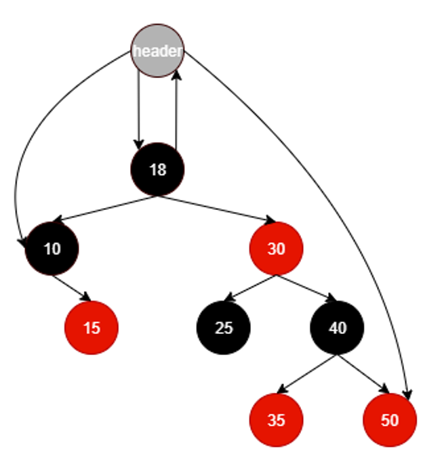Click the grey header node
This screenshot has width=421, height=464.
pos(157,51)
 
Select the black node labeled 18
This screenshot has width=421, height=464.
pos(157,169)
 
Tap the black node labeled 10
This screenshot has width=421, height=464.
pos(52,248)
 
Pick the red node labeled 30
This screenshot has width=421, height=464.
pos(276,248)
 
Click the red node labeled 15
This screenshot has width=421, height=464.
pos(92,328)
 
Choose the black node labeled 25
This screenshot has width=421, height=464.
pos(224,328)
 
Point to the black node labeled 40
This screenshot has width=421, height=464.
pos(338,328)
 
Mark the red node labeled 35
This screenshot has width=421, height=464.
pos(276,420)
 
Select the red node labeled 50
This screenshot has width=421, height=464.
pos(390,420)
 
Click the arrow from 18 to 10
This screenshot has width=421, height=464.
pos(105,209)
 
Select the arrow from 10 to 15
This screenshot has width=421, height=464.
pos(72,288)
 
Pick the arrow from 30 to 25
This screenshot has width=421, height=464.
pos(249,288)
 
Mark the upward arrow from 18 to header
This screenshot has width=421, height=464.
pos(176,108)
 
